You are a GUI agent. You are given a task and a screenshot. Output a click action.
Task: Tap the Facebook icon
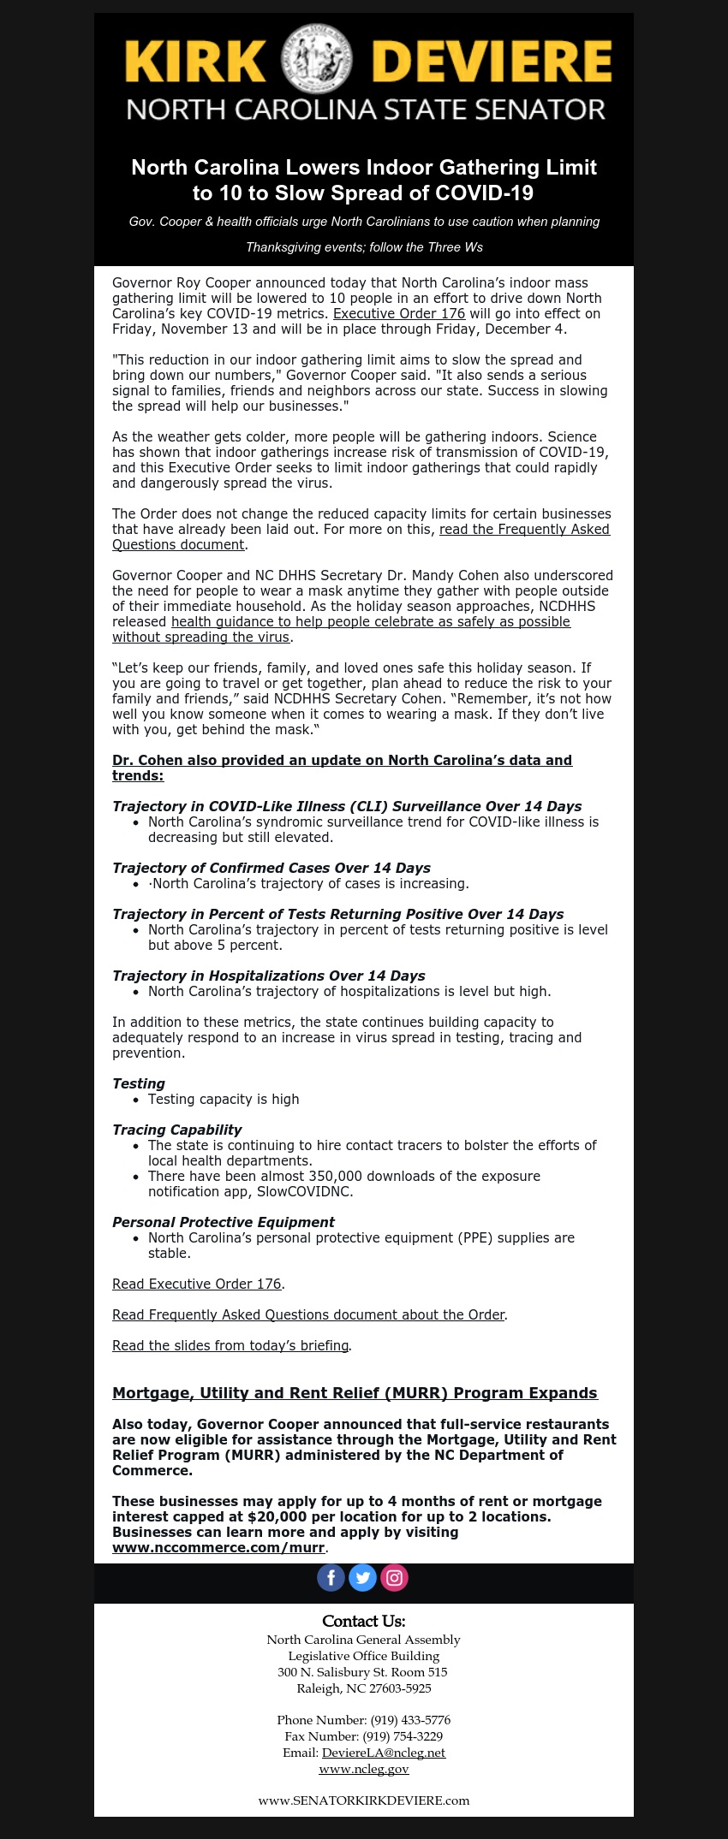(x=331, y=1577)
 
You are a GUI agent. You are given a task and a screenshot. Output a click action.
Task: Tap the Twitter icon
(x=362, y=1577)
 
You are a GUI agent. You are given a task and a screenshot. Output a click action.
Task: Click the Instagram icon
(x=394, y=1577)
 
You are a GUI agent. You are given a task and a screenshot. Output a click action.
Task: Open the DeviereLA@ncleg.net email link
(x=384, y=1753)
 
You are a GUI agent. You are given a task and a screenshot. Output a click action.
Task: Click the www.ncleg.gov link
(x=364, y=1769)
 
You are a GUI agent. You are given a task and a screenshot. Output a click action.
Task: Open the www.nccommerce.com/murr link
(x=218, y=1547)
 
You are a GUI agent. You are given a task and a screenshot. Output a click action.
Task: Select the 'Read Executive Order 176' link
(x=197, y=1284)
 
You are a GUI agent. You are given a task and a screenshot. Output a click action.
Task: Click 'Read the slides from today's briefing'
(x=230, y=1345)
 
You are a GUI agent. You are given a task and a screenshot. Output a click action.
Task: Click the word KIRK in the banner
(x=195, y=62)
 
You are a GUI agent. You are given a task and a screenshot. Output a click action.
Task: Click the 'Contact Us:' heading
(x=364, y=1622)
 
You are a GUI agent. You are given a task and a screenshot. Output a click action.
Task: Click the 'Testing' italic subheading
(x=139, y=1083)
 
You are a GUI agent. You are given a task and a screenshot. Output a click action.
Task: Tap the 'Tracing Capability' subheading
(x=177, y=1130)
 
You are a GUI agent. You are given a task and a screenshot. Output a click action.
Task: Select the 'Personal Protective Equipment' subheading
(x=224, y=1222)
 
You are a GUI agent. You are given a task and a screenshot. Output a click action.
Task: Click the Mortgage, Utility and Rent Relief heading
(x=355, y=1392)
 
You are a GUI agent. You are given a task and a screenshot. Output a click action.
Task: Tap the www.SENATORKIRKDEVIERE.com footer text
(x=364, y=1800)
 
